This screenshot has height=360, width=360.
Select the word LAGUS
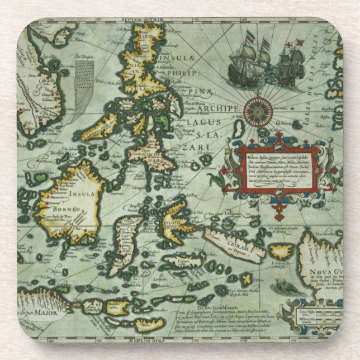(205, 122)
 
